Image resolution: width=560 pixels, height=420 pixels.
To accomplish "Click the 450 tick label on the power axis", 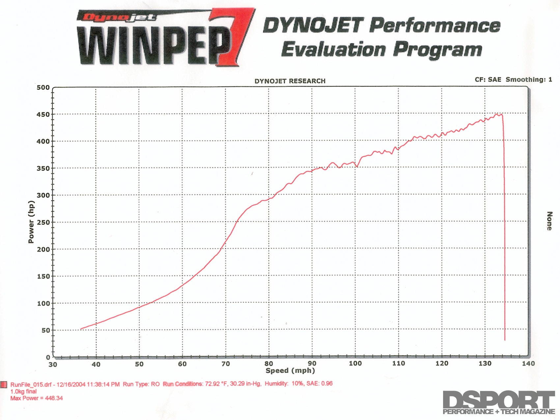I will coord(43,115).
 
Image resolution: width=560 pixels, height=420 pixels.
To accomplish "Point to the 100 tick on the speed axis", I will coord(355,363).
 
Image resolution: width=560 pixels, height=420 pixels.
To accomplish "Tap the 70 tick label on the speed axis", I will coord(226,364).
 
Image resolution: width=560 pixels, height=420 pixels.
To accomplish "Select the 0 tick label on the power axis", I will coord(48,357).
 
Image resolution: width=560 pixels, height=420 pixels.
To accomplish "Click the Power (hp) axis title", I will coord(31,222).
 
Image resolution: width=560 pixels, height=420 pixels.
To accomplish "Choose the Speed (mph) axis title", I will coord(290,371).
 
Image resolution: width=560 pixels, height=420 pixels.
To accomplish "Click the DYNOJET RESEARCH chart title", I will coord(290,81).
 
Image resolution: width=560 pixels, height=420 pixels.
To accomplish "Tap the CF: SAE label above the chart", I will coord(488,80).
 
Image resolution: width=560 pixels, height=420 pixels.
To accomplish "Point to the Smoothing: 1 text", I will coord(529,80).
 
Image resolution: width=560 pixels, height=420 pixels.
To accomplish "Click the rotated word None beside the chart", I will coord(549,221).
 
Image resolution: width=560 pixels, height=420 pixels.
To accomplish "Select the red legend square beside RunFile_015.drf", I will coord(4,385).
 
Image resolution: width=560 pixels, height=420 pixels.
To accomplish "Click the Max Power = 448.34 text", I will coord(37,398).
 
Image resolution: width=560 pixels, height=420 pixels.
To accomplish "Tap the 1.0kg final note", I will coord(23,392).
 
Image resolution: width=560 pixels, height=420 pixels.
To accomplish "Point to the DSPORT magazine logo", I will coord(499,402).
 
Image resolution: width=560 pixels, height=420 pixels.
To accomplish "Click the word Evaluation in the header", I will coord(333,50).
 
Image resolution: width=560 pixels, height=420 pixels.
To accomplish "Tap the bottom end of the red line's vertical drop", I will coord(505,340).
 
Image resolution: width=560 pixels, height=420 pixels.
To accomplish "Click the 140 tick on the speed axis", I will coord(528,363).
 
